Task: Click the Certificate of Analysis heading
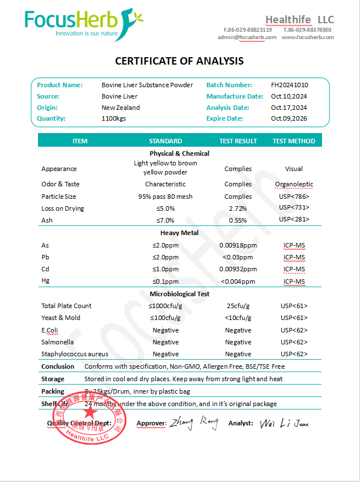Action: point(179,61)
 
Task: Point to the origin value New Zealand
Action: point(120,108)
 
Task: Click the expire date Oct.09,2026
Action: point(289,118)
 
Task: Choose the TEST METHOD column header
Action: point(294,141)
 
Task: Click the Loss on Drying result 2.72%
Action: point(238,209)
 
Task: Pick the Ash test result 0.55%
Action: point(238,220)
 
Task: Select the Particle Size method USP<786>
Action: point(294,197)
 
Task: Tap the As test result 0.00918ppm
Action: point(238,246)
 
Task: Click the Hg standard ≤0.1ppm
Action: point(166,281)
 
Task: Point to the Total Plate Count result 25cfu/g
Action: point(238,306)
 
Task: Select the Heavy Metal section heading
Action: point(179,233)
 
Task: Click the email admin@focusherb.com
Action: point(247,37)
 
